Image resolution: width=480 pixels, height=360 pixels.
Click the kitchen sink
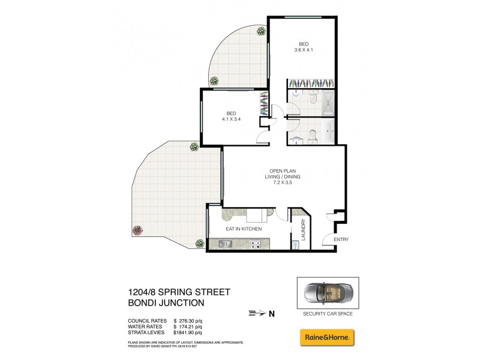coord(226,244)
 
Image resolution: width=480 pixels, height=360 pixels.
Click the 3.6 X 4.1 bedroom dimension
coord(304,51)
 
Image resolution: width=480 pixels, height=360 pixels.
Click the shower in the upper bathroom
coord(329,101)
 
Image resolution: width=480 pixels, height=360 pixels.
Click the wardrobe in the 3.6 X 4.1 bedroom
coord(307,83)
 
